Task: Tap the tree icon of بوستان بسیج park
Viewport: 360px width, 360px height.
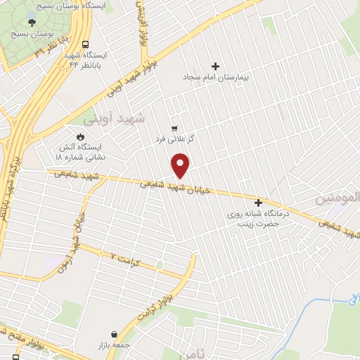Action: coord(32,23)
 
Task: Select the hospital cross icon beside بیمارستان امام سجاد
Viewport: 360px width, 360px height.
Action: coord(216,66)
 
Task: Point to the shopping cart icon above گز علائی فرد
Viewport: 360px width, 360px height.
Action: coord(174,129)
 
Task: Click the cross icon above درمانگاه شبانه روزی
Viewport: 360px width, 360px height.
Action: coord(258,202)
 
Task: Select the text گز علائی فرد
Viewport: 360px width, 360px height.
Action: coord(174,139)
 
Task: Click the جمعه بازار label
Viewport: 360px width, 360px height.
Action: coord(114,346)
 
